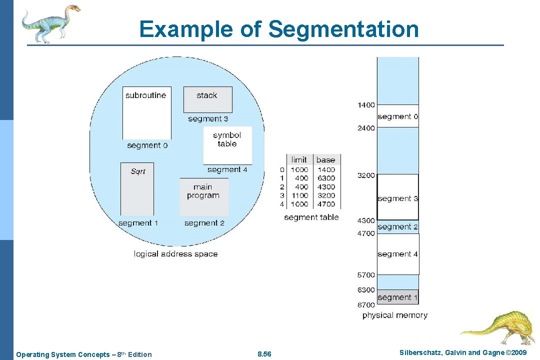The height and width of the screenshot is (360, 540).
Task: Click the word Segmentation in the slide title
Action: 343,29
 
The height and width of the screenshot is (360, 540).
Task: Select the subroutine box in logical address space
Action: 146,113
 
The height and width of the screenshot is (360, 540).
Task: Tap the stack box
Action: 207,99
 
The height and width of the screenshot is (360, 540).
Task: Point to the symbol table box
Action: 227,145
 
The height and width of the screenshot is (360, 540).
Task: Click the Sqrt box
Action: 137,189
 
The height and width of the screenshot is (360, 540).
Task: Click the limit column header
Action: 299,160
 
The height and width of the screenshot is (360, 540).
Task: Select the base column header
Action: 325,160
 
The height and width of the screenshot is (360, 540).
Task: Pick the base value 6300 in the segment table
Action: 326,178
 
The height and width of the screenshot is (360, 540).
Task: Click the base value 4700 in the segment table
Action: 326,204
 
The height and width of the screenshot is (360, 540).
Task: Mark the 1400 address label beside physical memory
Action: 366,105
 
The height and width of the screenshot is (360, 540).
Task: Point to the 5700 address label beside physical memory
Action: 366,275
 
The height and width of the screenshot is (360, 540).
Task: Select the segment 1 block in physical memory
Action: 397,297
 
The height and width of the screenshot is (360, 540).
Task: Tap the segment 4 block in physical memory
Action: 397,254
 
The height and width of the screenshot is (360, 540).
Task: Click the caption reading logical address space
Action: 175,254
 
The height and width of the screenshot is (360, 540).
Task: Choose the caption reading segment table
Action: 311,217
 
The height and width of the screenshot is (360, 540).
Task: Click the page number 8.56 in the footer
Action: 264,354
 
